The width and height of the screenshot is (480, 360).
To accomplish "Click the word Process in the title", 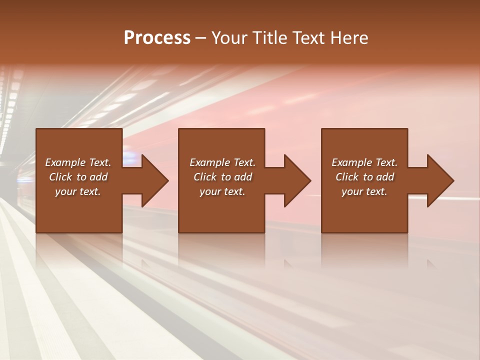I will click(x=157, y=38).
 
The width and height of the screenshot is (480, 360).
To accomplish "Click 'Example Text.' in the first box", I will click(x=78, y=162).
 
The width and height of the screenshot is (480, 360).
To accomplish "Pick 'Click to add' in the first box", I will click(x=78, y=177).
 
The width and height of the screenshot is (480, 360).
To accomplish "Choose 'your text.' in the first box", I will click(x=78, y=191).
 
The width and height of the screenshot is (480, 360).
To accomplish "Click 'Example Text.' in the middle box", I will click(x=222, y=162).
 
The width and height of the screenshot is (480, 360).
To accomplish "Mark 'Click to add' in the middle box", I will click(x=222, y=177).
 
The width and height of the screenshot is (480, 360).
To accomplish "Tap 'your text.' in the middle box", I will click(x=222, y=191).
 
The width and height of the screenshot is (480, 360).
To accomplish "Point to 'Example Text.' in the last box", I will click(x=364, y=162).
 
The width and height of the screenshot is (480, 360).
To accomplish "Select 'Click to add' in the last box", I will click(x=364, y=177).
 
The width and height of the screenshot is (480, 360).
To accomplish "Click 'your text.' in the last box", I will click(x=364, y=191).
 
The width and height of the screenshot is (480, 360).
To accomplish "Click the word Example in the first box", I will click(x=65, y=162).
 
